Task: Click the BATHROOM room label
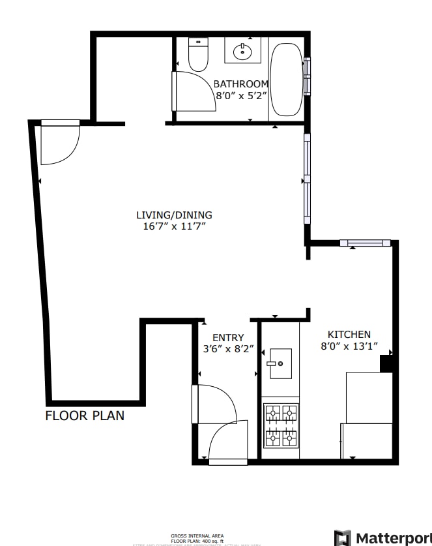pos(241,84)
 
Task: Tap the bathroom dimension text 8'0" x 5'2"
pos(242,95)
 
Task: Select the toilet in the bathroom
pos(198,55)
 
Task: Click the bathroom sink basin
pos(243,51)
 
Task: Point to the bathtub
pos(286,79)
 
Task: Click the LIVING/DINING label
pos(174,215)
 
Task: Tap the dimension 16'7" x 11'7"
pos(174,226)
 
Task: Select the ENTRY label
pos(228,337)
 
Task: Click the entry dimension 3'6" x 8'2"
pos(228,349)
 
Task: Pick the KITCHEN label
pos(349,335)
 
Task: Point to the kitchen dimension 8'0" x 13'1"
pos(349,347)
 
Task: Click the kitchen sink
pos(280,363)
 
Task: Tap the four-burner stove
pos(281,425)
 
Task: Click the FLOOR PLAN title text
pos(85,416)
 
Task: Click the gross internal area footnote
pos(197,539)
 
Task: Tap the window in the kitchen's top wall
pos(365,243)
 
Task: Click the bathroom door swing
pos(195,91)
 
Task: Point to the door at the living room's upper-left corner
pos(59,141)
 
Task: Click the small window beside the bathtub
pos(307,77)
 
